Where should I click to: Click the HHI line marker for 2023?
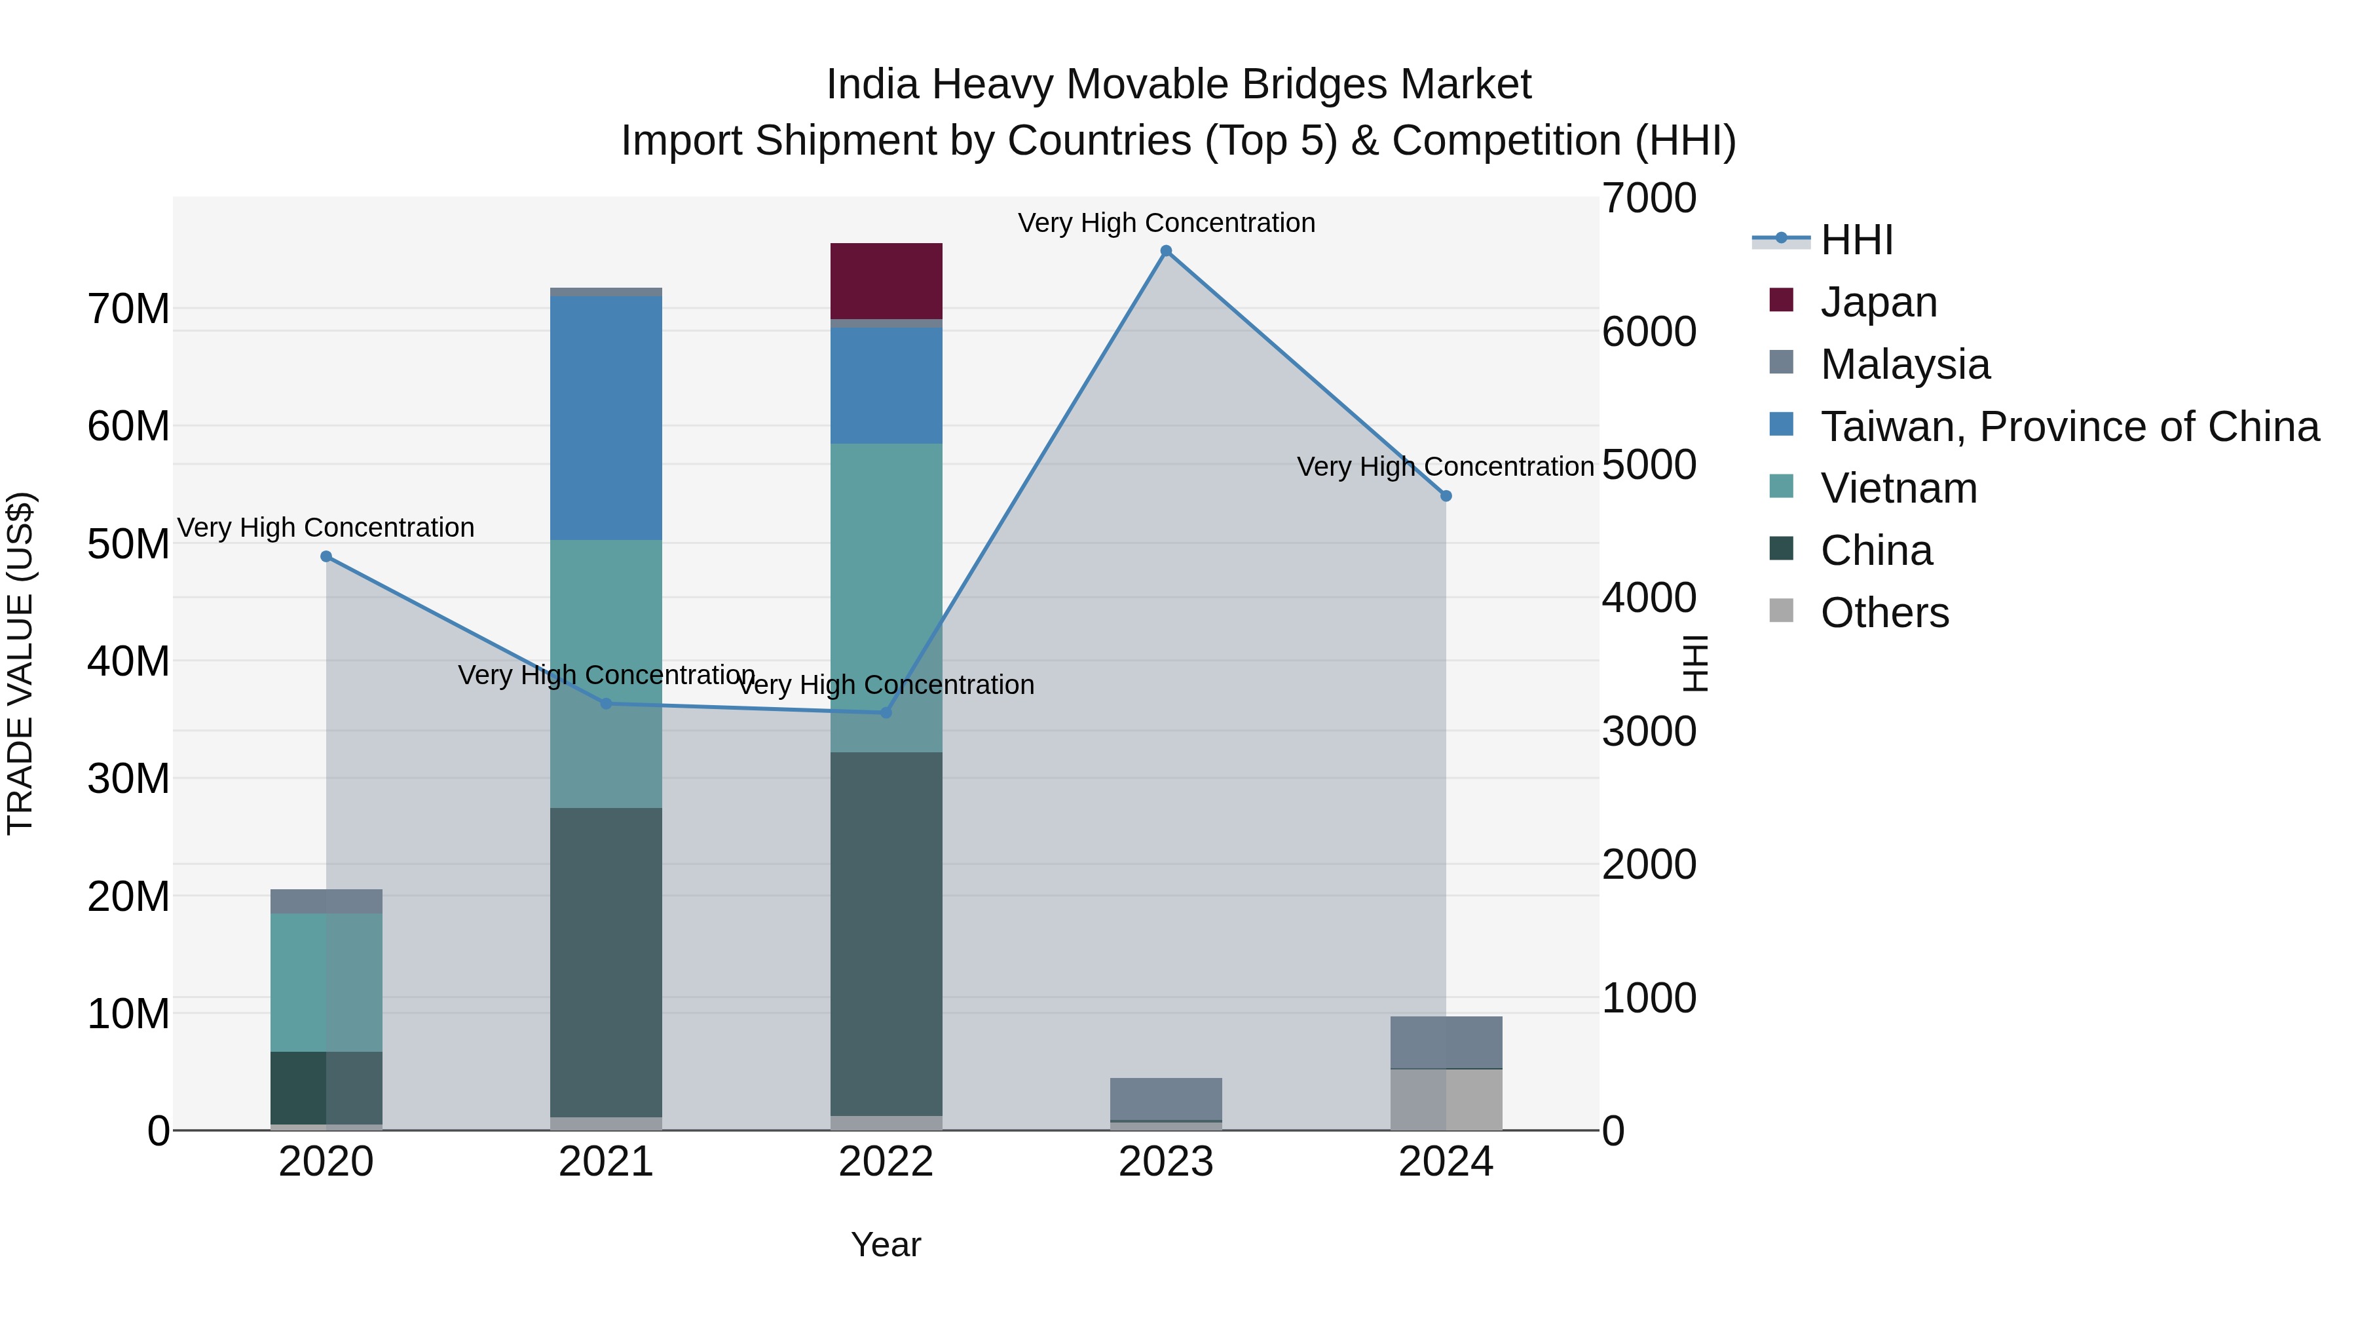click(x=1165, y=251)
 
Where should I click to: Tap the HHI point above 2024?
click(x=1446, y=496)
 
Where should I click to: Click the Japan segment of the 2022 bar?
click(x=886, y=281)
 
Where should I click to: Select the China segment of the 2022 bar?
click(x=886, y=934)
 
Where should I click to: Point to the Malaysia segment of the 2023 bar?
click(x=1165, y=1099)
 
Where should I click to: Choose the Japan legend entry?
click(x=1879, y=302)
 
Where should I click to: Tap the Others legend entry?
click(x=1884, y=613)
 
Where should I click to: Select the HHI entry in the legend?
click(x=1856, y=240)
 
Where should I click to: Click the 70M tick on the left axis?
click(x=128, y=309)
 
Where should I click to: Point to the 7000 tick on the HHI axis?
click(x=1649, y=199)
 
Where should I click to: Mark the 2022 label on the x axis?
click(x=886, y=1162)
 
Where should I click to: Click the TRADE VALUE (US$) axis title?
click(x=21, y=663)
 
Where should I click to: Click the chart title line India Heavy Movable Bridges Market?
click(x=1178, y=85)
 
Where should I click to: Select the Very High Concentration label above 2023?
click(x=1166, y=223)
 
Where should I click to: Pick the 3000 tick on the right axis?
click(x=1649, y=732)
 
